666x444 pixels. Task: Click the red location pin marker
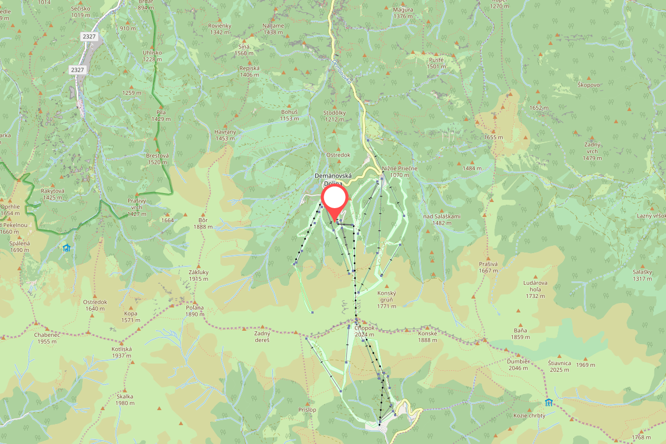click(x=335, y=201)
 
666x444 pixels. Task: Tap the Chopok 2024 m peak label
click(x=365, y=331)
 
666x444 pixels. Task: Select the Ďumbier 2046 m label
click(x=518, y=364)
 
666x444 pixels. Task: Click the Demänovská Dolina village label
click(x=334, y=179)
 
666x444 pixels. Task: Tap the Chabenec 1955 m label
click(x=46, y=338)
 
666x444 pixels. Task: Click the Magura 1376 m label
click(x=403, y=13)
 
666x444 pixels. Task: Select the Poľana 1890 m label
click(x=195, y=311)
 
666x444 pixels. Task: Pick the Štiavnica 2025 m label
click(x=559, y=366)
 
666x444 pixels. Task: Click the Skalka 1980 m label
click(x=125, y=400)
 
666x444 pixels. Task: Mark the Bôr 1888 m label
click(x=203, y=224)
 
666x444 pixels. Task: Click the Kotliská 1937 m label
click(x=122, y=352)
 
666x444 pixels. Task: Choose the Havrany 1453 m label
click(x=225, y=135)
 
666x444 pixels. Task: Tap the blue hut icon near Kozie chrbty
click(x=549, y=402)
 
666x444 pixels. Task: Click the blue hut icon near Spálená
click(x=67, y=248)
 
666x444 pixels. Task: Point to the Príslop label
click(x=306, y=409)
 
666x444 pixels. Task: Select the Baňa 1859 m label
click(x=520, y=334)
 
